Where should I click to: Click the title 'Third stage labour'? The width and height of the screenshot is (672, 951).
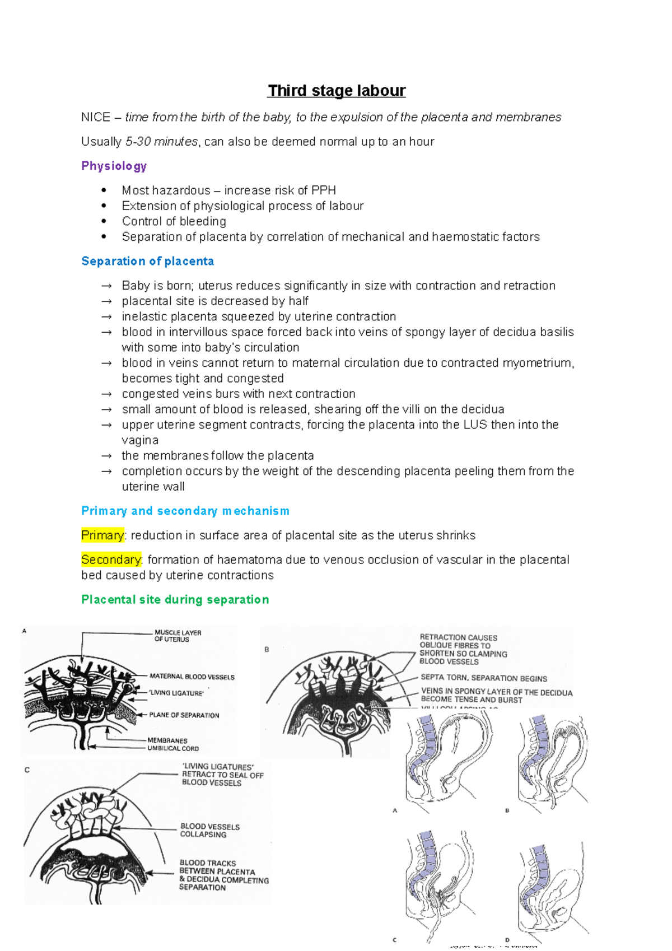[336, 91]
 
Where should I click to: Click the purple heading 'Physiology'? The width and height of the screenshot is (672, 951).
[114, 166]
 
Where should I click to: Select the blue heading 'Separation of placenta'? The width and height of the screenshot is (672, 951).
[147, 261]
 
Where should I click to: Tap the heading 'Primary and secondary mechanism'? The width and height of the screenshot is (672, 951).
[185, 511]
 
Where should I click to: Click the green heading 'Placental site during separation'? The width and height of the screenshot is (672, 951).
[175, 599]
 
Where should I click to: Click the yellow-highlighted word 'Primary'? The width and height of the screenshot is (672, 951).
[102, 535]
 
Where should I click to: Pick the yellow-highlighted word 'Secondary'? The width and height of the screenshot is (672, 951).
[111, 560]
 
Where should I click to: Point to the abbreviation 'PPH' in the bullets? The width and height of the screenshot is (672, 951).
[323, 190]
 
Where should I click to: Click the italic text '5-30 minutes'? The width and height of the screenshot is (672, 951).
[161, 142]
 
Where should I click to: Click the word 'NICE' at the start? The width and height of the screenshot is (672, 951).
[95, 117]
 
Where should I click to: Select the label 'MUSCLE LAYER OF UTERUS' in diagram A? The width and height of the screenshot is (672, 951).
[177, 636]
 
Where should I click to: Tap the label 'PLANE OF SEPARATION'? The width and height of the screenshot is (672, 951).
[184, 715]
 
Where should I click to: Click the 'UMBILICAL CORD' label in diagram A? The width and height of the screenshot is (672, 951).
[172, 748]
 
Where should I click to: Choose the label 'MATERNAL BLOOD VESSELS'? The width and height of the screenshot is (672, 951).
[192, 677]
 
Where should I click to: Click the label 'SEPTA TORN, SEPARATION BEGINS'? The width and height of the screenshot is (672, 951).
[483, 678]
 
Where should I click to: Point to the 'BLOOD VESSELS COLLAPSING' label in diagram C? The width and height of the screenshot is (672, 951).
[209, 830]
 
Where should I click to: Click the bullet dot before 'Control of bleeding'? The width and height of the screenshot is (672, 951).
[104, 221]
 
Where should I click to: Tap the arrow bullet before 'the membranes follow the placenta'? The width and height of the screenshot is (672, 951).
[106, 456]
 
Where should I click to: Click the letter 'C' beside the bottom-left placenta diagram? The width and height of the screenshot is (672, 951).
[27, 770]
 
